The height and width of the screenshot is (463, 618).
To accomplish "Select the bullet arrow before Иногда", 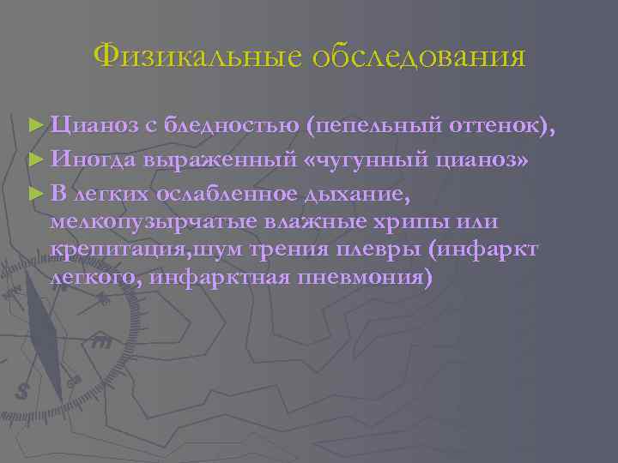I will tap(33, 159).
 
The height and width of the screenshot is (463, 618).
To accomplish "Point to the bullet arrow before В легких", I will tap(33, 193).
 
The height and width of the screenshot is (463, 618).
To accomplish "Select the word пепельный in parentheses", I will tap(374, 126).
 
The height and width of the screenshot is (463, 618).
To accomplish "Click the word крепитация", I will tap(111, 250).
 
